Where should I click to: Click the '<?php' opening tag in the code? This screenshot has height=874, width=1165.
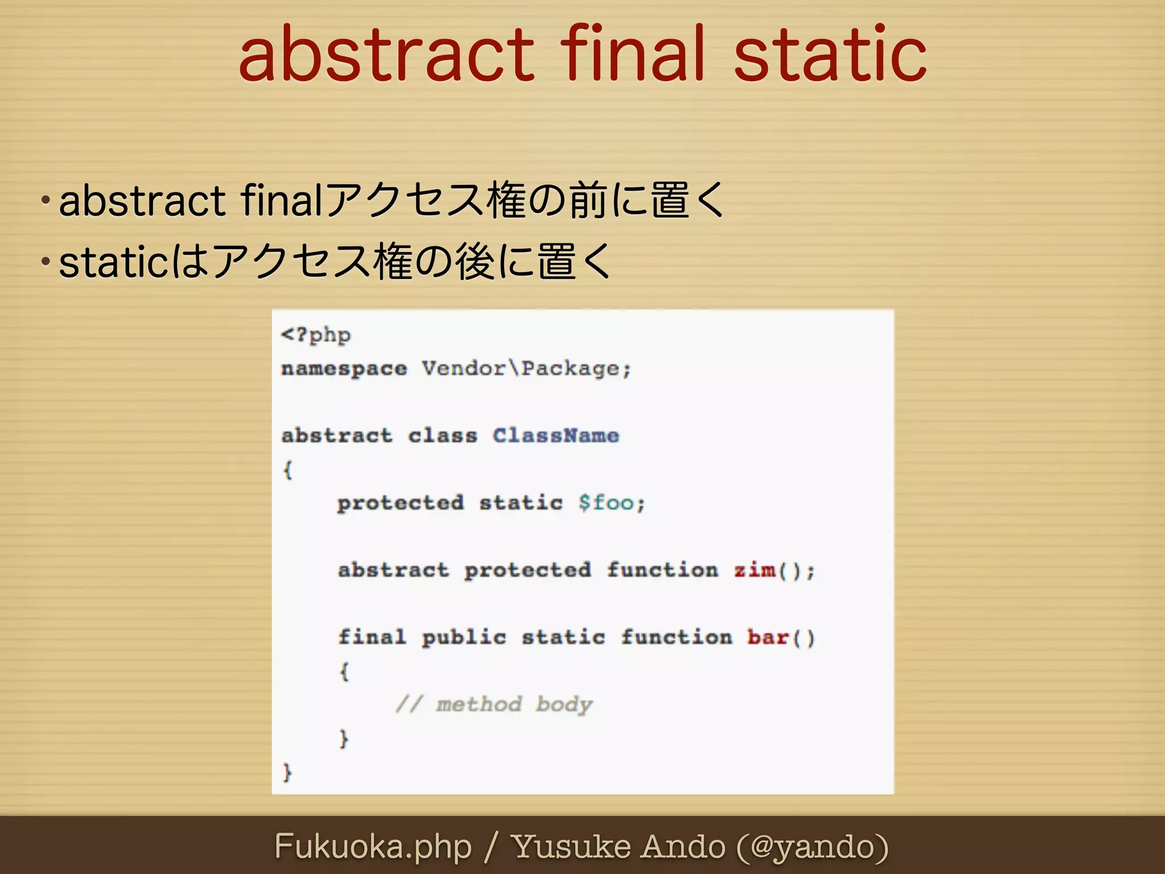click(x=316, y=335)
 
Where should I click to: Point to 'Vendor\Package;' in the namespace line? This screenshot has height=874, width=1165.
click(x=526, y=369)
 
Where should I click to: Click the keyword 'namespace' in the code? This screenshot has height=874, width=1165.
click(x=344, y=369)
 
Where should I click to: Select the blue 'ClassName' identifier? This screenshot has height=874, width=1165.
click(x=556, y=436)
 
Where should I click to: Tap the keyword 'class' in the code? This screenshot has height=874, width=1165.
click(x=443, y=436)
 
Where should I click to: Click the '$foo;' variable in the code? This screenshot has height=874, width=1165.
click(x=612, y=503)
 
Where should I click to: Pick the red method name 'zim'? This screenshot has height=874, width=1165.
click(x=754, y=570)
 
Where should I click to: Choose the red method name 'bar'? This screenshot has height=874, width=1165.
click(x=767, y=637)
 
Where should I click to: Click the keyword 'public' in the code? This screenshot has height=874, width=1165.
click(x=464, y=637)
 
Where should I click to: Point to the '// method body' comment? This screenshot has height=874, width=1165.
click(x=494, y=704)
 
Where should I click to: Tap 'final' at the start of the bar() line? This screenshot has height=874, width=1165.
click(x=372, y=637)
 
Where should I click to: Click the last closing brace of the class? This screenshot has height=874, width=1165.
click(x=287, y=772)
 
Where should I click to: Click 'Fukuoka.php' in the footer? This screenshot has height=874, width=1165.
click(x=373, y=846)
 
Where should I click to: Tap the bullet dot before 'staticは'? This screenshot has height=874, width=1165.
click(x=46, y=262)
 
